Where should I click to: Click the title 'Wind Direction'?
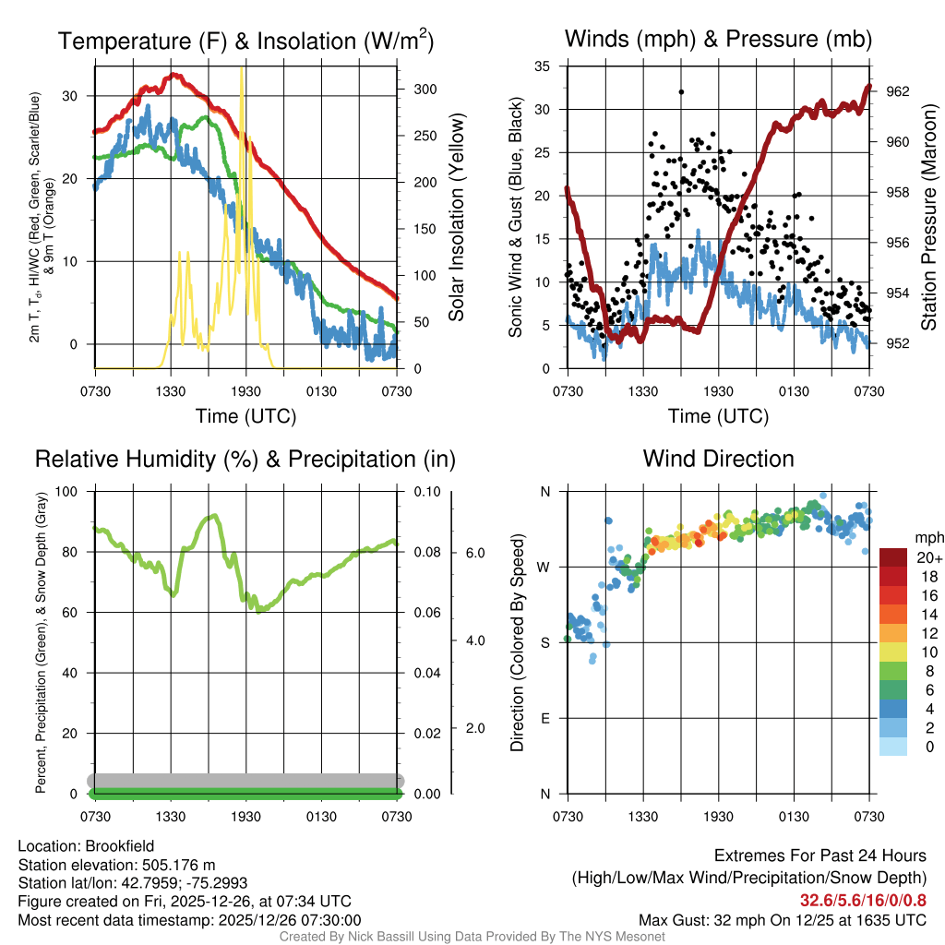718,459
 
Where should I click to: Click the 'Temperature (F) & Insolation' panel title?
245,42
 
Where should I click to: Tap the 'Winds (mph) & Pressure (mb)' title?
718,40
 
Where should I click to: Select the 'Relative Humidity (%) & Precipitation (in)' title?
245,459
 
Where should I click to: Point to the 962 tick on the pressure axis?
897,91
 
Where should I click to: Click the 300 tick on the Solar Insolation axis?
425,89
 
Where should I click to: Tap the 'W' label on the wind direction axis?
544,567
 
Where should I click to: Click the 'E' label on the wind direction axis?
545,718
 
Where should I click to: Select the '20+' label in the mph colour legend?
929,558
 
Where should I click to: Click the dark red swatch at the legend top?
893,557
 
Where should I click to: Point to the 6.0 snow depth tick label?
474,552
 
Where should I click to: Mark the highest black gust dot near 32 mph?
681,91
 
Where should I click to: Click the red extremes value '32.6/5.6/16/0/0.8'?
863,901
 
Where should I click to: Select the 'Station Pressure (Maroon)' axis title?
930,218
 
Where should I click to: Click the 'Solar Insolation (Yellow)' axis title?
455,218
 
